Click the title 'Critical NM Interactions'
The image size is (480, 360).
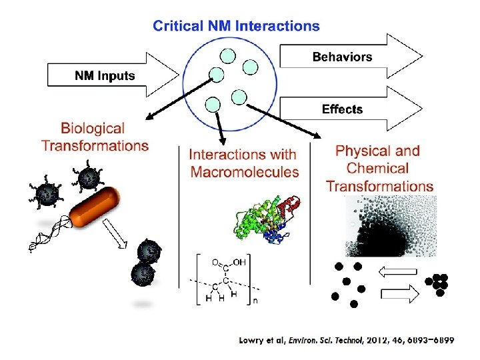236,27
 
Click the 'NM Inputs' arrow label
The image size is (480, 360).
104,75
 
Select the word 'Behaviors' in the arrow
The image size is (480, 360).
342,57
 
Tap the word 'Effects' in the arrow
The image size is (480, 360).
342,109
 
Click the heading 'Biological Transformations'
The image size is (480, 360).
95,137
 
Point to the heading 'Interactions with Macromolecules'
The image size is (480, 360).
244,163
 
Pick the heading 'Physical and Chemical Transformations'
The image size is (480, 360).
379,169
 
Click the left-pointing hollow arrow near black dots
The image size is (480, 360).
397,271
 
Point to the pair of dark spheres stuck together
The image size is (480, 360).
146,264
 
